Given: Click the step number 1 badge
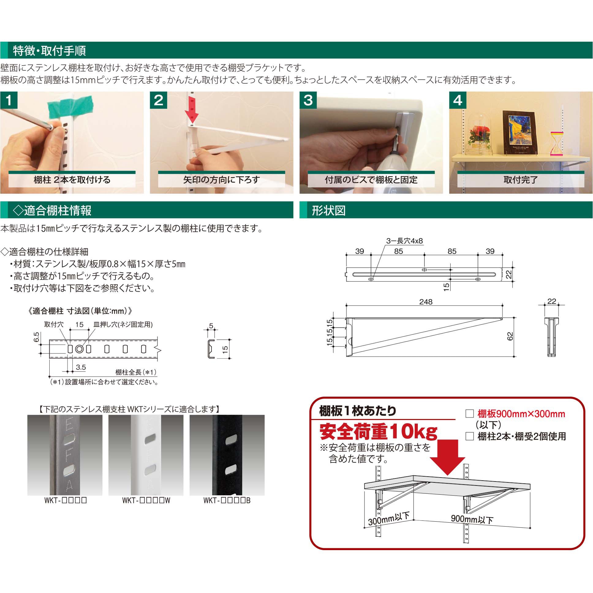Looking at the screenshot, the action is point(9,100).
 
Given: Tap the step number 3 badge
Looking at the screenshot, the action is point(308,100).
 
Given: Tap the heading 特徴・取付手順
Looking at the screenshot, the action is point(49,51).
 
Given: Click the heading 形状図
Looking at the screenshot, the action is point(329,210).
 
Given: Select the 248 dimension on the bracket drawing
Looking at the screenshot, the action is point(426,302).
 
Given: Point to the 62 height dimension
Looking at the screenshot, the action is point(510,336).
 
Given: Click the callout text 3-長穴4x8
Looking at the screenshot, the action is point(404,241).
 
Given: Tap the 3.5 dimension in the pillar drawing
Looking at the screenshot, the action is point(81,367).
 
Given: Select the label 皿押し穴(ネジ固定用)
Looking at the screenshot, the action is point(123,324).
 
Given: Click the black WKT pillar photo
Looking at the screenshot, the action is point(227,455).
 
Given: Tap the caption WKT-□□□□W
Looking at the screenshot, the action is point(146,500).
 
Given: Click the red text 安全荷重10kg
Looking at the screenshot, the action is point(379,432).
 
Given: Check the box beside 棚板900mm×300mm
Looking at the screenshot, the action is point(470,414).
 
